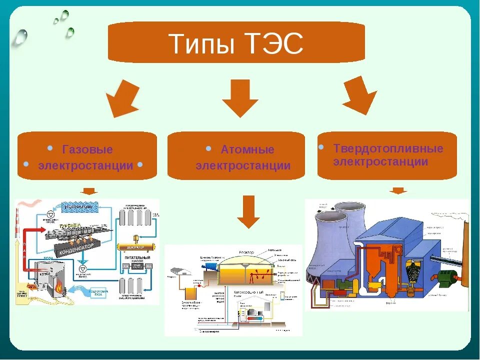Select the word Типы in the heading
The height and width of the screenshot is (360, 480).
tap(201, 44)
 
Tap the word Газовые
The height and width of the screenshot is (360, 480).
tap(87, 149)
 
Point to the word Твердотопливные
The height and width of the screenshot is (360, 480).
tap(388, 148)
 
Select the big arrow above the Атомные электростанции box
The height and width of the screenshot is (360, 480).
tap(240, 97)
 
